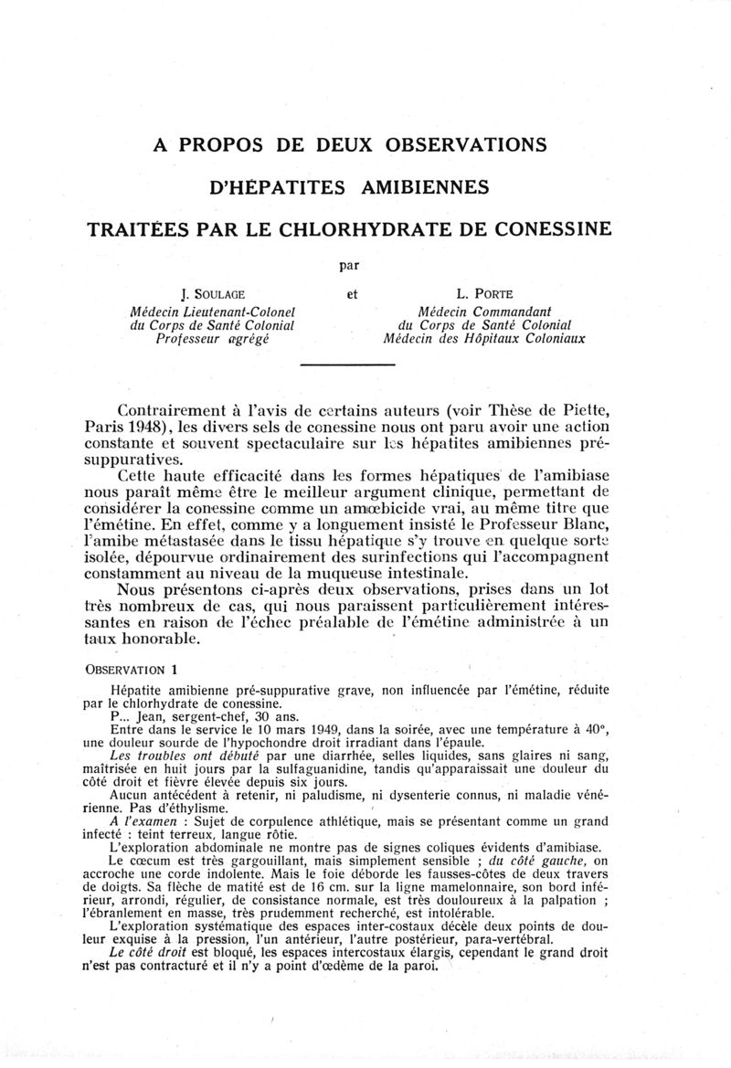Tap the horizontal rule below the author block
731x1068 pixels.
[x=347, y=365]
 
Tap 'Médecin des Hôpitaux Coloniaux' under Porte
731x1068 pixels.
[x=485, y=338]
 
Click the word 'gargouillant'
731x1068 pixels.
[x=252, y=861]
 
